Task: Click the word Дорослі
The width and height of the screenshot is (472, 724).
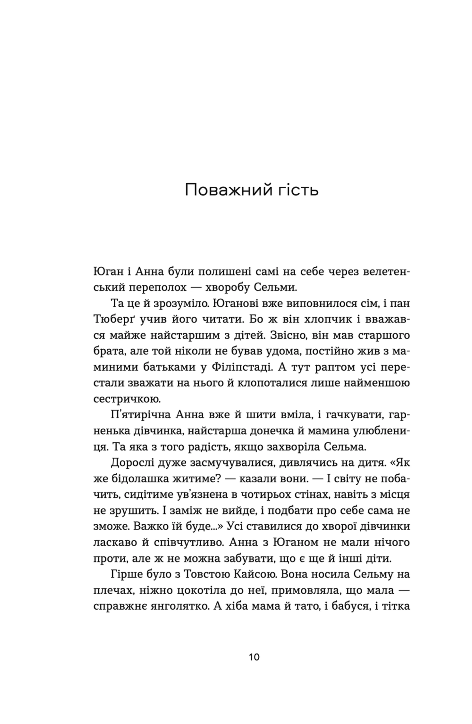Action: pos(131,463)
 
